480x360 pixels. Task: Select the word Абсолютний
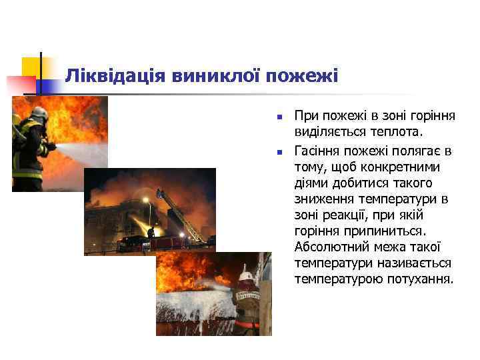pos(328,247)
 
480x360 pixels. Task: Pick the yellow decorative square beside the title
pos(31,67)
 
